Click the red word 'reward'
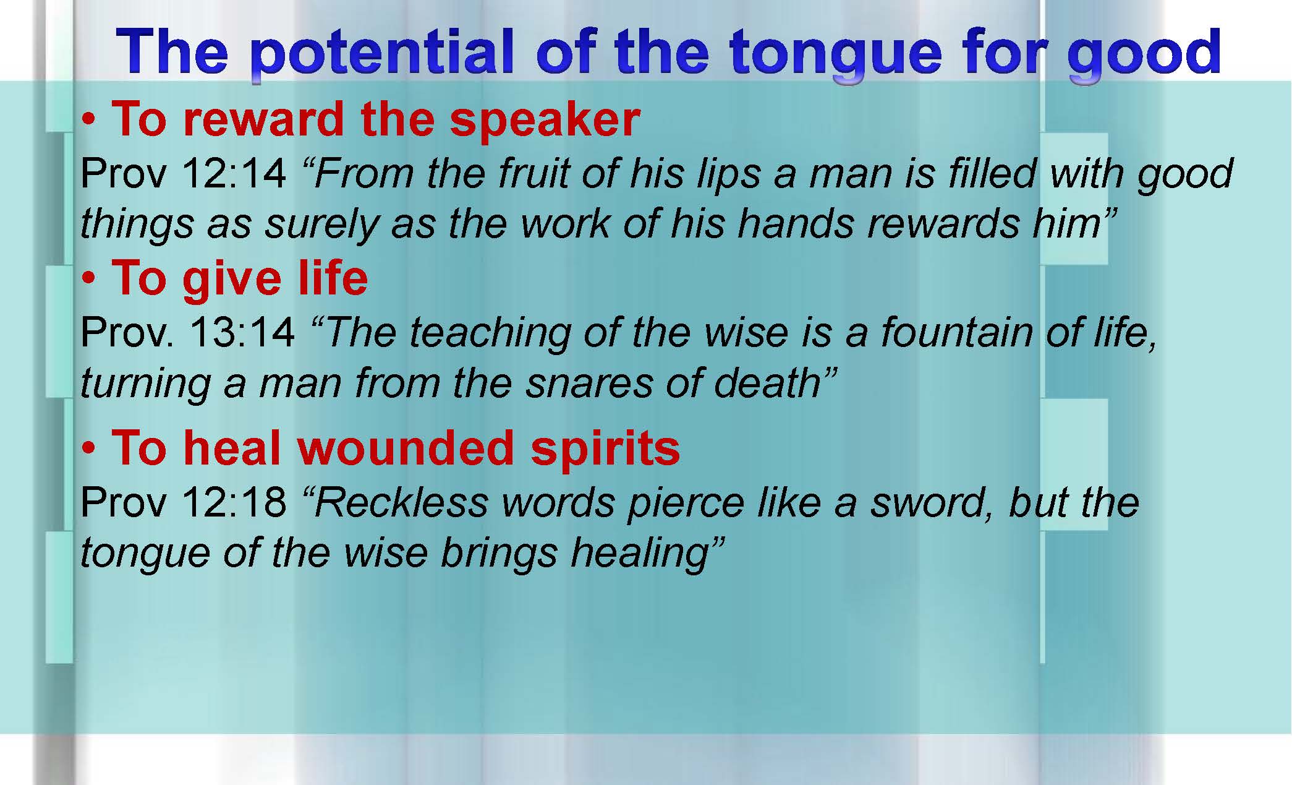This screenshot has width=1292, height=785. coord(263,119)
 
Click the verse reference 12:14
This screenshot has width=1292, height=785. coord(235,173)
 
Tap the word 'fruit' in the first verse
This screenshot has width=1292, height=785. coord(533,173)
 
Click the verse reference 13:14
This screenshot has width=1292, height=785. coord(243,333)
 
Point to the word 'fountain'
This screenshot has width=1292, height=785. coord(957,333)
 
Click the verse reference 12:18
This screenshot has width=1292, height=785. coord(235,502)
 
